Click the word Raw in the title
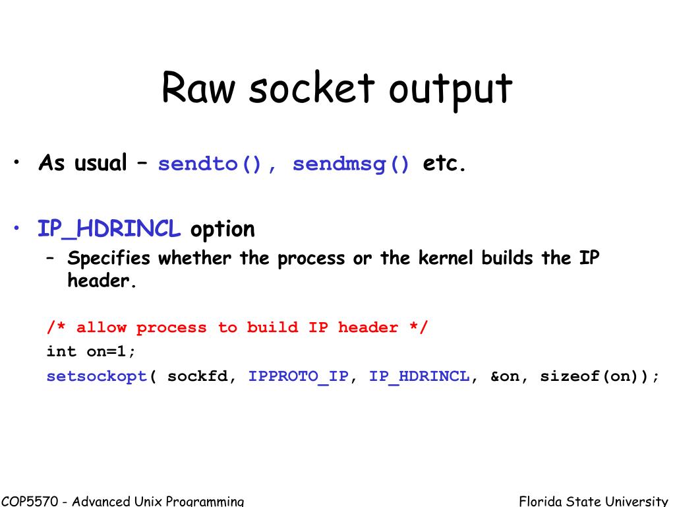tap(198, 88)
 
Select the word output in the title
tap(450, 90)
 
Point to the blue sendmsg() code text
tap(351, 164)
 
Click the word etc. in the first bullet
tap(444, 163)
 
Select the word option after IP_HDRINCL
tap(222, 230)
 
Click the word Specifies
tap(109, 259)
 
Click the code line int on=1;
tap(91, 352)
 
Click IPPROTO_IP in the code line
tap(298, 377)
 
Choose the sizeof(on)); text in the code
tap(599, 377)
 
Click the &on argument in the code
tap(504, 377)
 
